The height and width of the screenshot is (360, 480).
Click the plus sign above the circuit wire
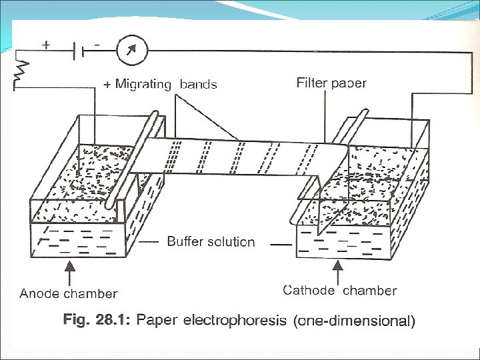(x=46, y=44)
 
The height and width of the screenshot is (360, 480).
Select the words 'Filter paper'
(x=331, y=83)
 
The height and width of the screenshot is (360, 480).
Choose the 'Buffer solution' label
(x=211, y=241)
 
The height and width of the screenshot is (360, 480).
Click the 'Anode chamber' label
(x=69, y=293)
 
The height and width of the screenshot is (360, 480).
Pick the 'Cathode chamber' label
(x=339, y=290)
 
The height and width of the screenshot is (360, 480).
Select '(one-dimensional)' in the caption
(x=354, y=321)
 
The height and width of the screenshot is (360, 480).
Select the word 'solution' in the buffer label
(x=230, y=241)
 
